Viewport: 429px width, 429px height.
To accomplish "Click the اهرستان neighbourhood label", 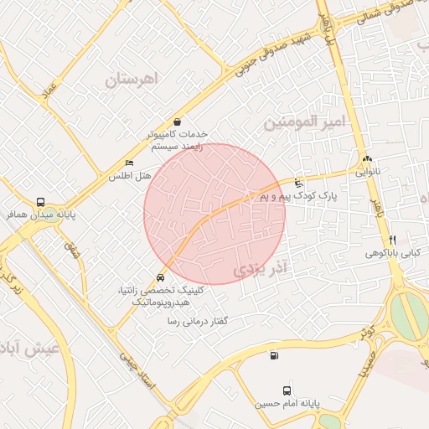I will tap(132, 81).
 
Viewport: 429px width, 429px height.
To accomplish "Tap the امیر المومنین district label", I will tap(305, 121).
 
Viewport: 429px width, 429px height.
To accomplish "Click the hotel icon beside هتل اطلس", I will tap(129, 163).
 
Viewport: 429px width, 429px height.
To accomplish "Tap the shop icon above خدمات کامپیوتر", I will tap(177, 122).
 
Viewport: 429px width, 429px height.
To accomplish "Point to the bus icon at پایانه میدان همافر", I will tap(41, 202).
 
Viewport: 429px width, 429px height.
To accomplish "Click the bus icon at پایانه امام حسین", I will tap(287, 390).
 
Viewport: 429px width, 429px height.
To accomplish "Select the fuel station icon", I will tap(274, 356).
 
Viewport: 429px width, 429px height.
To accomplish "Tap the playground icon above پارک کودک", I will tap(300, 183).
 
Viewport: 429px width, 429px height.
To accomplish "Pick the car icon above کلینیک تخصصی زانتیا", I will tap(160, 277).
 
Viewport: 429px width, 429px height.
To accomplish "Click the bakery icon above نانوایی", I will tap(367, 160).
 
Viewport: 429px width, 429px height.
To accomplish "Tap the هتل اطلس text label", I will tap(128, 177).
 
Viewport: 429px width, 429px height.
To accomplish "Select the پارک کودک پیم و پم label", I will tap(297, 195).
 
